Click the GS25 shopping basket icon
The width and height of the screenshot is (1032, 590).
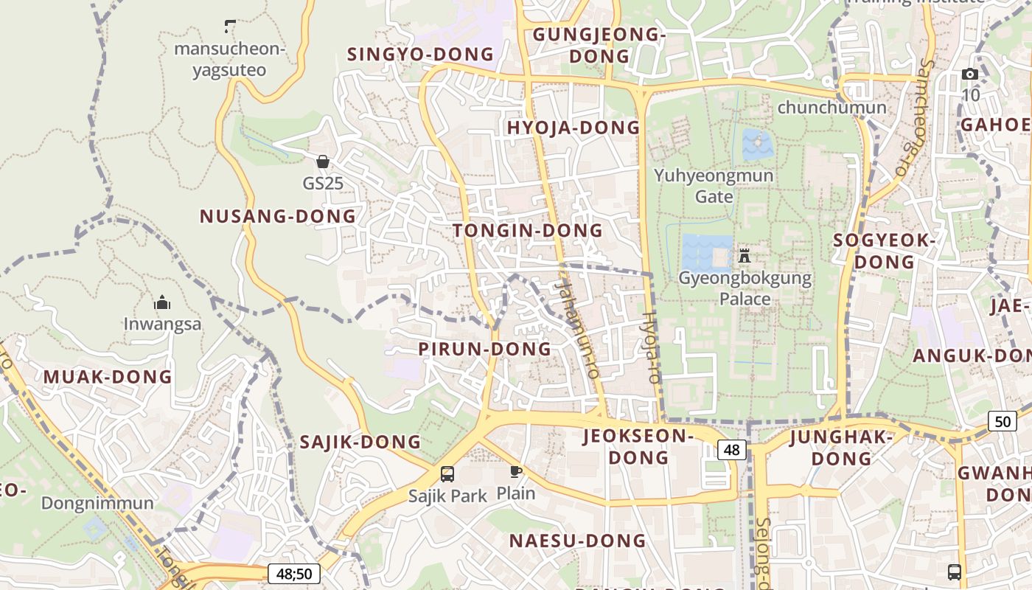323,162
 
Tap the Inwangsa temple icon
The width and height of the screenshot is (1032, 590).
162,302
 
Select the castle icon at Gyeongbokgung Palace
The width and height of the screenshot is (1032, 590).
745,256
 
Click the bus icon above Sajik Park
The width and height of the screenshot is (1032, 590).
447,473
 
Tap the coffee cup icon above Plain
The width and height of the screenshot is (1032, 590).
516,471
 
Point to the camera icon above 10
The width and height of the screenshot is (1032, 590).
970,74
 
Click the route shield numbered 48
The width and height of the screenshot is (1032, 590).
732,450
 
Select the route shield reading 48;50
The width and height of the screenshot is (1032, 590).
294,574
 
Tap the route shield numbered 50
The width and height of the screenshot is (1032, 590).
1003,421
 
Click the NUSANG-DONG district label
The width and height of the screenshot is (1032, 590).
278,216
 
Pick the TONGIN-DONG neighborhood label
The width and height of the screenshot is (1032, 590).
528,230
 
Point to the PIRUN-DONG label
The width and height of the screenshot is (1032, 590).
485,349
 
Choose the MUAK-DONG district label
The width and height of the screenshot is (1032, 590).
108,377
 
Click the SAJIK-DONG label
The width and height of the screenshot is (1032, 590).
360,442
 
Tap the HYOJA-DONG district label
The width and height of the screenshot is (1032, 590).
573,128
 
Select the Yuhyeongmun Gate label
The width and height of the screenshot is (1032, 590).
714,185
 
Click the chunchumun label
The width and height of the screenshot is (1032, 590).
831,108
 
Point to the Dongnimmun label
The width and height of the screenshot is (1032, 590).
97,503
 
